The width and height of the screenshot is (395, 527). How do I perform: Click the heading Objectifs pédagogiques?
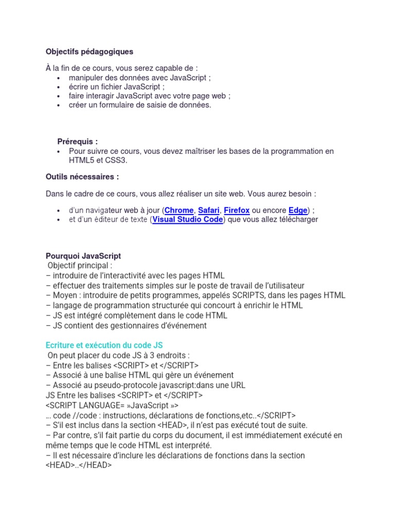[x=89, y=51]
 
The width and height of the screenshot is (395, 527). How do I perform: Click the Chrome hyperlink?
[x=179, y=210]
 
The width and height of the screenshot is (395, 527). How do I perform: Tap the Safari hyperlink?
[x=209, y=210]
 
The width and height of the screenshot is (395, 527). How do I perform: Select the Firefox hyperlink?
[x=237, y=210]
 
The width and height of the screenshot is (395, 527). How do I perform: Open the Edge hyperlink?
[x=298, y=210]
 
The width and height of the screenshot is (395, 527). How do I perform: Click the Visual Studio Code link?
[x=188, y=219]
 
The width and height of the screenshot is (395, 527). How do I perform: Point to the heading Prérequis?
[x=78, y=142]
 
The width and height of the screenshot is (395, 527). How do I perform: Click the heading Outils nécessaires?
[x=82, y=177]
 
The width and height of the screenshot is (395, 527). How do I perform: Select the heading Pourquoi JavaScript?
[x=83, y=256]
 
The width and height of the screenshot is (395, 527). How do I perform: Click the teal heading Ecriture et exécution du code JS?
[x=104, y=344]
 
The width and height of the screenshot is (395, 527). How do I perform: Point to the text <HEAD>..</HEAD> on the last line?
[x=79, y=465]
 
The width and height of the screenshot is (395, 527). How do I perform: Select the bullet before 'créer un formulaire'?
[x=59, y=106]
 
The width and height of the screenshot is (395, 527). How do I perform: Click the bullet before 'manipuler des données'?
[x=59, y=78]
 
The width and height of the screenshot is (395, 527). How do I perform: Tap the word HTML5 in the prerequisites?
[x=82, y=161]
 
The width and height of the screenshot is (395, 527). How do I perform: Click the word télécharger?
[x=295, y=219]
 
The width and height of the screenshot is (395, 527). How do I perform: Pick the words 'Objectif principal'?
[x=80, y=266]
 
